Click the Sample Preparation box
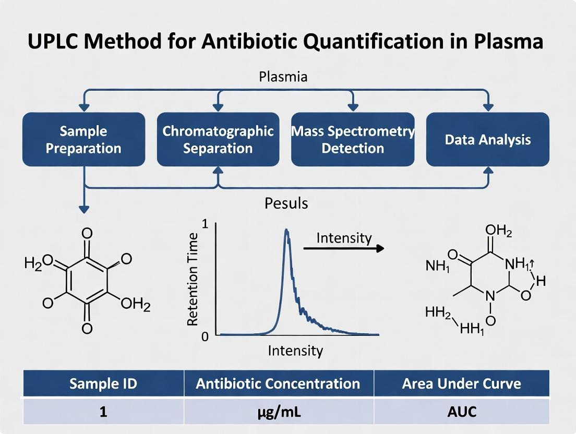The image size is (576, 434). (x=83, y=139)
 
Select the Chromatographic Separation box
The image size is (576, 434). (x=218, y=139)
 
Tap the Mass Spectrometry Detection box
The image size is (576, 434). (x=353, y=139)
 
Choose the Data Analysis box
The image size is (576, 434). (x=488, y=139)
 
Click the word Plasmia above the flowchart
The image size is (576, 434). (x=283, y=77)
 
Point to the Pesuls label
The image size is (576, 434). (x=286, y=202)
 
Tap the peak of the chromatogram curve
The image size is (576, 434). (x=286, y=230)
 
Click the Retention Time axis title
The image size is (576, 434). (x=193, y=279)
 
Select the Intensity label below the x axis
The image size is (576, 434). (x=295, y=351)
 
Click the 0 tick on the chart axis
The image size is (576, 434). (x=205, y=336)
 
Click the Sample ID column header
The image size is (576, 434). (x=103, y=384)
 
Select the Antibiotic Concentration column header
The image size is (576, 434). (x=278, y=384)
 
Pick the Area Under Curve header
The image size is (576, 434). (x=461, y=384)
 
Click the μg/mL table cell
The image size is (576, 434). (x=278, y=412)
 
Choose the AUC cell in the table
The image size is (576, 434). (x=461, y=412)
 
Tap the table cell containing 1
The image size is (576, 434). (x=103, y=412)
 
